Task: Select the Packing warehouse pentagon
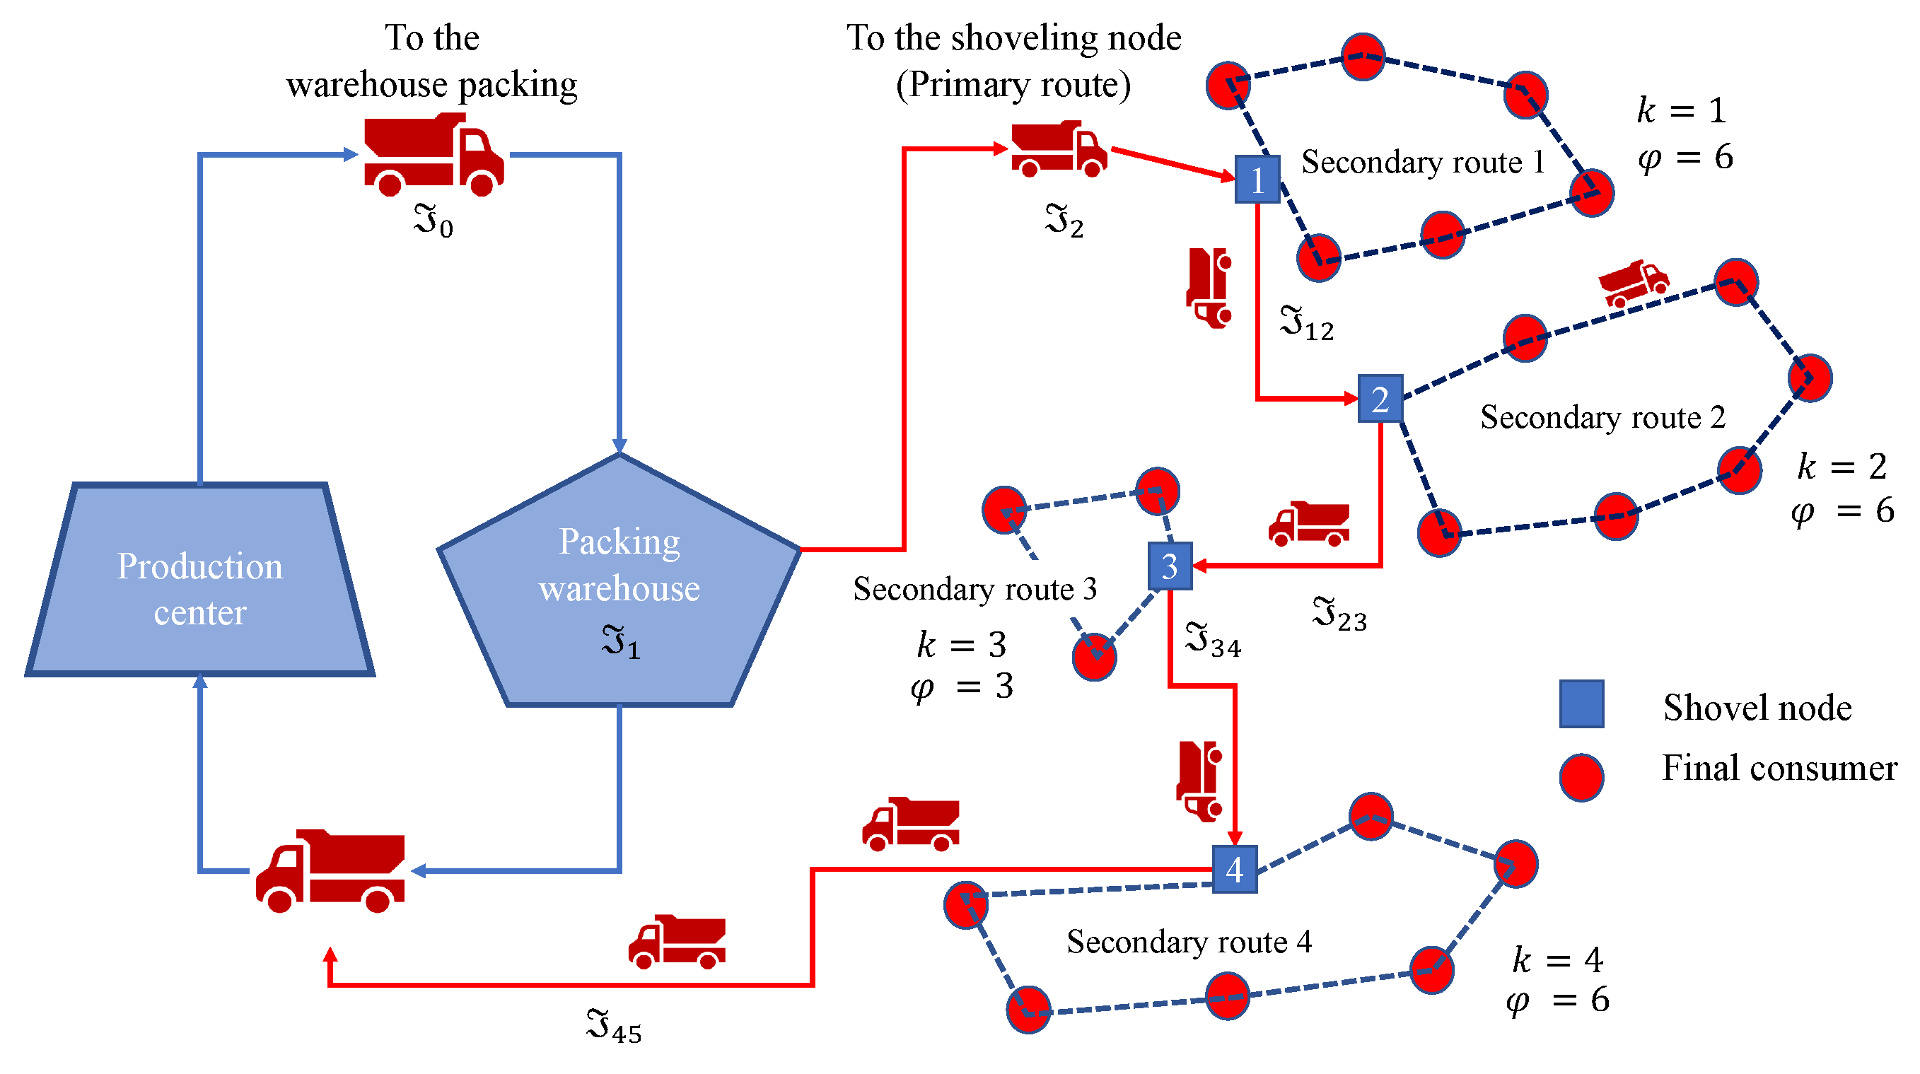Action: tap(619, 589)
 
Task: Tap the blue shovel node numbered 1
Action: tap(1257, 180)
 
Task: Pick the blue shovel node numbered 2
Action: tap(1380, 399)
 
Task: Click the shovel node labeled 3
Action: tap(1170, 566)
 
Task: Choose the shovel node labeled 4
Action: tap(1234, 869)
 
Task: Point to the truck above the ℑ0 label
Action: tap(433, 155)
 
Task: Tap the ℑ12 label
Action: tap(1307, 325)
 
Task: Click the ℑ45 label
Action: tap(613, 1027)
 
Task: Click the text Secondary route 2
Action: tap(1602, 417)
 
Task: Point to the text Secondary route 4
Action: tap(1189, 942)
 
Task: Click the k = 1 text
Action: tap(1682, 111)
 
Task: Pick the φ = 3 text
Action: tap(962, 687)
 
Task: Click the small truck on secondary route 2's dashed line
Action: tap(1633, 284)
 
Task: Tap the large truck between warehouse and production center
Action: tap(330, 870)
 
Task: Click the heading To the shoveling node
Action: tap(1013, 38)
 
